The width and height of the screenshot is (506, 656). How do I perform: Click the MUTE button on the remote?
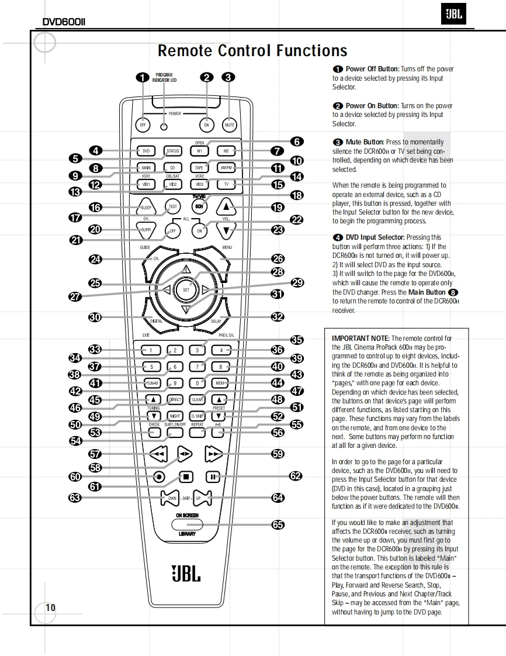click(x=230, y=125)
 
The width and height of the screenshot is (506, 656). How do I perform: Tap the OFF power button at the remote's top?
click(x=143, y=125)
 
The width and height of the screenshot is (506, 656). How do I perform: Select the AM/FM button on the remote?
click(x=226, y=168)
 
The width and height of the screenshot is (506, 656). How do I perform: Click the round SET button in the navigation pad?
click(x=186, y=289)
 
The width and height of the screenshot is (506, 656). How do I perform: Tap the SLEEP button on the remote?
click(x=146, y=208)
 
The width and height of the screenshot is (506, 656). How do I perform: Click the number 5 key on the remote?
click(x=151, y=367)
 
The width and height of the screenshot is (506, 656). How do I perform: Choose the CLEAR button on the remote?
click(x=198, y=400)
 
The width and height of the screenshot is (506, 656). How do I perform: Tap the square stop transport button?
click(x=186, y=477)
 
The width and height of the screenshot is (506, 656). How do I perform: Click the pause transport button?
click(x=214, y=477)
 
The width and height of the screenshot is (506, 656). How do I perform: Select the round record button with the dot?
click(x=159, y=477)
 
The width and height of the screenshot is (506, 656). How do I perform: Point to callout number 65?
click(x=278, y=524)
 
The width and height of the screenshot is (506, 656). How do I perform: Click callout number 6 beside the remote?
click(x=297, y=141)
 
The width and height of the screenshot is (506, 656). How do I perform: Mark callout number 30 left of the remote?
click(x=95, y=317)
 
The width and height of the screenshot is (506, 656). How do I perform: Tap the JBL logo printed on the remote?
click(x=186, y=572)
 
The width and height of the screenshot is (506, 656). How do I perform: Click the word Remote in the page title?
click(x=185, y=51)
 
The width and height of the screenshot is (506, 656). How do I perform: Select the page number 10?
click(x=51, y=607)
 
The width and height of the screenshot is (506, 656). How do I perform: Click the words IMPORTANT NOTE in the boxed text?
click(x=360, y=339)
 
